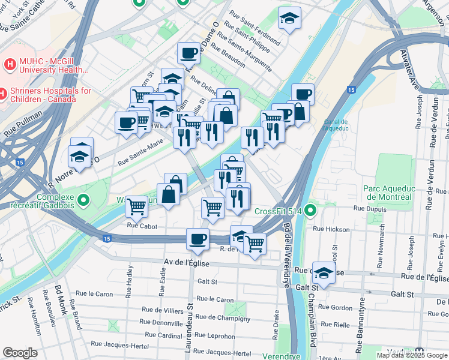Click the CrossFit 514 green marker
coord(310,211)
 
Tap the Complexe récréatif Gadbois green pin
coord(83,200)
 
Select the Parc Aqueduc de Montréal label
coord(388,192)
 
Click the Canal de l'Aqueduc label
coord(335,124)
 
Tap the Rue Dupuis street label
coord(368,208)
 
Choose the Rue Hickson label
coord(331,229)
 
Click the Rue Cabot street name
coord(142,226)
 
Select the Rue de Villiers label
coord(162,310)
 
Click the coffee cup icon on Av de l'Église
coord(197,239)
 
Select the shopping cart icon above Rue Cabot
coord(137,206)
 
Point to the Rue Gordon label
coord(335,307)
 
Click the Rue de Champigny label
coord(222,318)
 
